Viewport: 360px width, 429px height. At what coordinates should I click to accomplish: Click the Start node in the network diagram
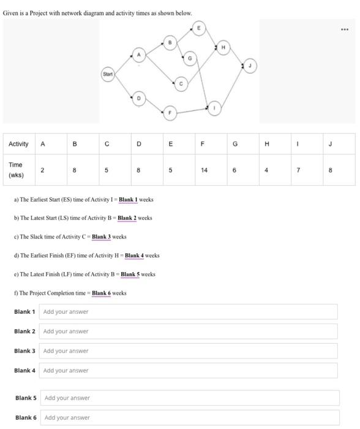point(108,74)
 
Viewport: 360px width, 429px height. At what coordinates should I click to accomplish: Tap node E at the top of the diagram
point(198,28)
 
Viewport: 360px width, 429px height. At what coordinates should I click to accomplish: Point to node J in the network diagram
point(249,66)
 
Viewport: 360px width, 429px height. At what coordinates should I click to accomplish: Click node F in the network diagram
point(170,112)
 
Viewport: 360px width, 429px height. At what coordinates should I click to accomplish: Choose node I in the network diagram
point(214,108)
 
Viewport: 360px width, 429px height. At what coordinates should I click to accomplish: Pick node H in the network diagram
point(223,47)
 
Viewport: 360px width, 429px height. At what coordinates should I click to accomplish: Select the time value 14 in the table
point(203,171)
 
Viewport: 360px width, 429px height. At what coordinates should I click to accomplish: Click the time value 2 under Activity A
point(42,171)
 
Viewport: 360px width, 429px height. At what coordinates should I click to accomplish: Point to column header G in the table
point(234,144)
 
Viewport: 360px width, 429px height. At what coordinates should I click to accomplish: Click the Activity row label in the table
point(18,144)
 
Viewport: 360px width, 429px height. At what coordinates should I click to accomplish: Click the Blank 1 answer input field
point(189,312)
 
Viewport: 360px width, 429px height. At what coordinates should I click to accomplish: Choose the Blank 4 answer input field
point(189,371)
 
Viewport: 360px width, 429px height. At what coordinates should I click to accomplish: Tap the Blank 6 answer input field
point(190,418)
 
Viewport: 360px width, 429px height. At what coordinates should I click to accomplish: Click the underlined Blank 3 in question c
point(101,237)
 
